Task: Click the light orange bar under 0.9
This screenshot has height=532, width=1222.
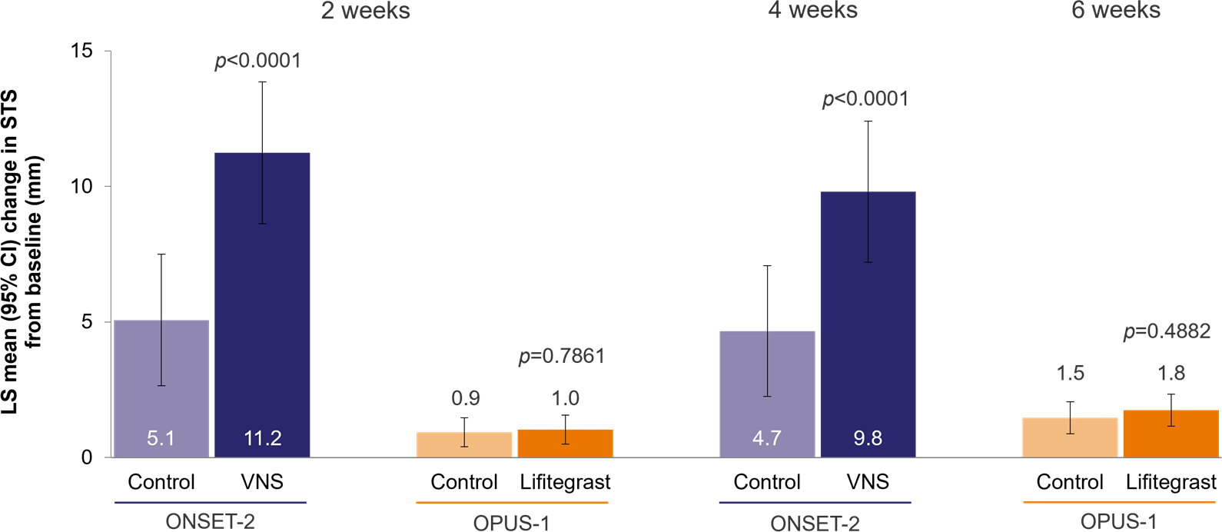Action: tap(464, 445)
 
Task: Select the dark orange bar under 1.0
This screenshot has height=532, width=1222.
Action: tap(565, 444)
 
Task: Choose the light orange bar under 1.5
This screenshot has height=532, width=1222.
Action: tap(1070, 437)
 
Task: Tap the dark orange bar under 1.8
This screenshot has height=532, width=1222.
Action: tap(1171, 434)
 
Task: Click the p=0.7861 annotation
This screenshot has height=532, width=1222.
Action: tap(562, 357)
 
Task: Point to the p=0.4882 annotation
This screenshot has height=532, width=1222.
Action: tap(1167, 331)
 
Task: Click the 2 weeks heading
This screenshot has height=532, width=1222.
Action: tap(365, 11)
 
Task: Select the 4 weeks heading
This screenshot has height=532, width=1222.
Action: tap(812, 11)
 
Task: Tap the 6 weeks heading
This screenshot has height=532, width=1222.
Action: tap(1116, 11)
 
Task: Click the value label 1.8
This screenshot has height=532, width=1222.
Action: tap(1171, 374)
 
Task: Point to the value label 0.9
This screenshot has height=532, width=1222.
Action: tap(465, 398)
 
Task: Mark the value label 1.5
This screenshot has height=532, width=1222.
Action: tap(1070, 374)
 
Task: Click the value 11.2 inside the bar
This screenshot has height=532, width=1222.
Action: tap(262, 438)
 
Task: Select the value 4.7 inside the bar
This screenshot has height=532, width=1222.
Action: tap(767, 438)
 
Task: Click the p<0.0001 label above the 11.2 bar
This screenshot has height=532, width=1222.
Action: tap(257, 61)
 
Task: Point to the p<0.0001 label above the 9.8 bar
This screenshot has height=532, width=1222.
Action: tap(865, 99)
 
